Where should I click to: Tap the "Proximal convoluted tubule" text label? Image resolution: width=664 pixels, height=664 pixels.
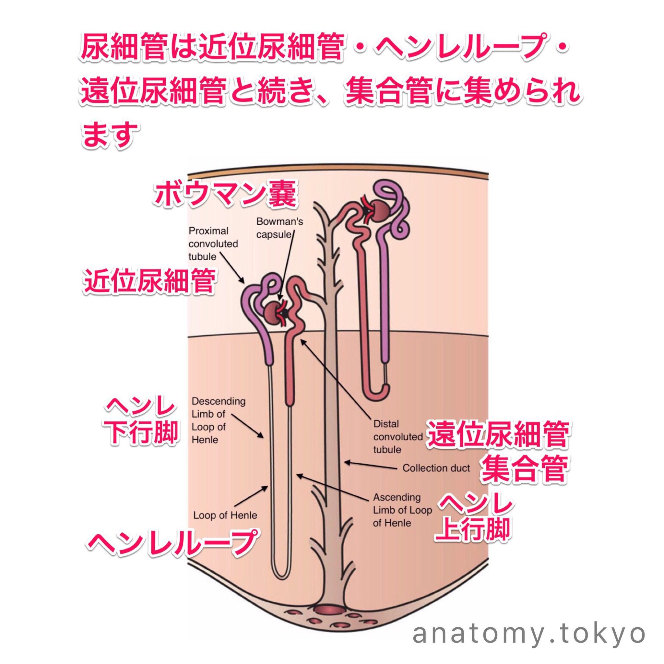pos(213,244)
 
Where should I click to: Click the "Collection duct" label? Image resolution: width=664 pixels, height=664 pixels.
pos(436,468)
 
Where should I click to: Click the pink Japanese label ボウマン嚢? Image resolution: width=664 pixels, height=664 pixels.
pos(225,195)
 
